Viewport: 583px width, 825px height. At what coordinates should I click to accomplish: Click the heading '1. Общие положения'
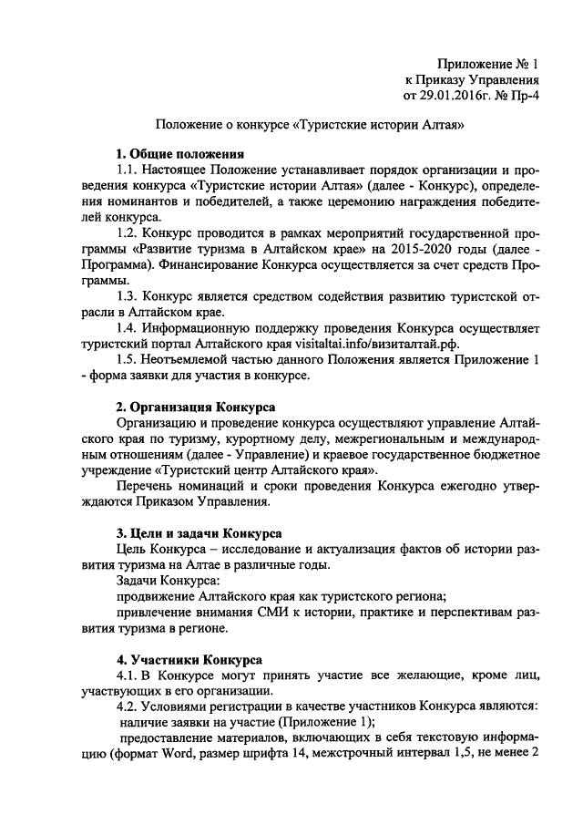pos(179,153)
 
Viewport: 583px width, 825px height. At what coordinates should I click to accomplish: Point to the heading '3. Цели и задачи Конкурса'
pos(199,532)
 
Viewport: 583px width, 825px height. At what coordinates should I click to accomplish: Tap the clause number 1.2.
pos(128,232)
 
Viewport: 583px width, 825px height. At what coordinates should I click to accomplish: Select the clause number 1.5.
pos(128,359)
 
